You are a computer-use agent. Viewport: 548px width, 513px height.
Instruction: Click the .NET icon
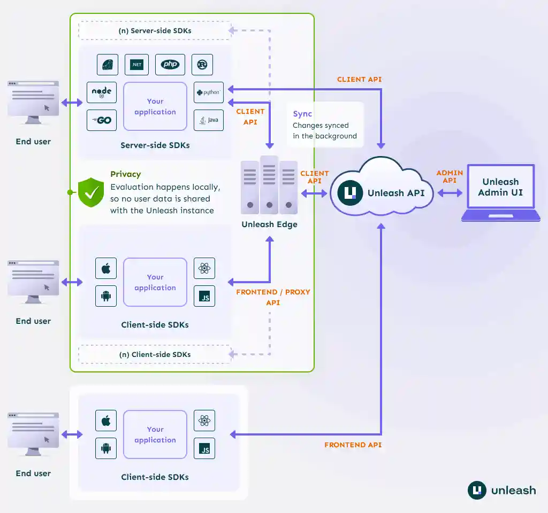[136, 65]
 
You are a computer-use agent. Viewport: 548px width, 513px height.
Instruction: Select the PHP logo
[170, 65]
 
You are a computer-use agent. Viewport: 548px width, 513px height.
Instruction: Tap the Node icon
[102, 92]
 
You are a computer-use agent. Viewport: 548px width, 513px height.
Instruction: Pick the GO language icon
[102, 120]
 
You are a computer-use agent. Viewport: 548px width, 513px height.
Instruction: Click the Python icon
[208, 92]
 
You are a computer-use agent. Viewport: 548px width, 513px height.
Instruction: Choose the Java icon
[208, 120]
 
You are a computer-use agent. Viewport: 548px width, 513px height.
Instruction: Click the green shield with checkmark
[91, 192]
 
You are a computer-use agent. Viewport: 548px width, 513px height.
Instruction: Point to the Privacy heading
[126, 174]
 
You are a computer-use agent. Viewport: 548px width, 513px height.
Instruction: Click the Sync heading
[302, 114]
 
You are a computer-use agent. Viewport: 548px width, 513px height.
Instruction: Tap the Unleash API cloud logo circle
[351, 193]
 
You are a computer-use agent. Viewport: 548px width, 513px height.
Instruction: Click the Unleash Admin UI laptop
[500, 192]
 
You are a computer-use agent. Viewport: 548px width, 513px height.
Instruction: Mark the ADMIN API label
[450, 177]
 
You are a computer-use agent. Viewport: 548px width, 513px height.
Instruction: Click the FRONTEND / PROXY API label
[273, 297]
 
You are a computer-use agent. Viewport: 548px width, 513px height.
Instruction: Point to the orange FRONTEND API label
[353, 445]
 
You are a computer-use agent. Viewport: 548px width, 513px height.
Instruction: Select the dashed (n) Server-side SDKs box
[155, 30]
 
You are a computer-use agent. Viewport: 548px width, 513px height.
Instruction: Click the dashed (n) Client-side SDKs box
[155, 354]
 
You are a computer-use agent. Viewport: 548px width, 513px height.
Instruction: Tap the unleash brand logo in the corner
[501, 490]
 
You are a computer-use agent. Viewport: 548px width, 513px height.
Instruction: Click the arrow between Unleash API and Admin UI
[450, 193]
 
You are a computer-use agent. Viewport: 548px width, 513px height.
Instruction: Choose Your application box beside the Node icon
[155, 106]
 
